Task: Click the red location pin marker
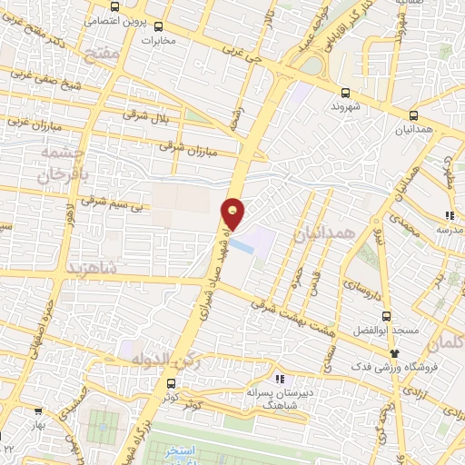tap(233, 213)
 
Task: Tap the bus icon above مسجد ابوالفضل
tap(387, 317)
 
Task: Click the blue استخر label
tap(185, 451)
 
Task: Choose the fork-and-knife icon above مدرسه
tap(449, 216)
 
